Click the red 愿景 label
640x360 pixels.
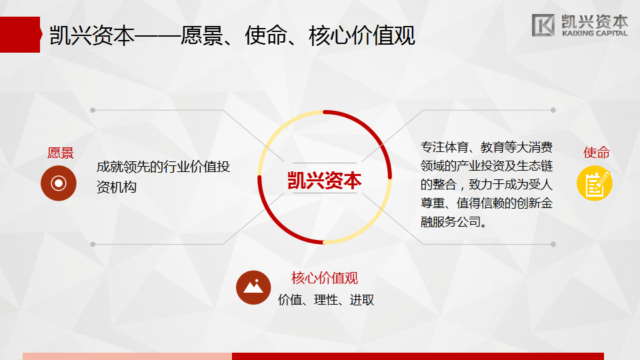[x=61, y=153]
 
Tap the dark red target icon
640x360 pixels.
[x=59, y=183]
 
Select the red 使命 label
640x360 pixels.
[x=596, y=153]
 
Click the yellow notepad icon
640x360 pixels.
[x=594, y=183]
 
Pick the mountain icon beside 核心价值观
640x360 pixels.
[x=253, y=287]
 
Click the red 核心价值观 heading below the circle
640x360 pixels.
[x=325, y=279]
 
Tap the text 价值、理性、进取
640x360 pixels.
[x=326, y=300]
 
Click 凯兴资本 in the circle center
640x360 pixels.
[x=325, y=180]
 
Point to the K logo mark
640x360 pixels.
[x=543, y=25]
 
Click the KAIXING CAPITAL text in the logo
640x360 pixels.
[x=595, y=33]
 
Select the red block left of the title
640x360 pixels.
[x=21, y=35]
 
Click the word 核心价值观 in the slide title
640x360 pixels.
[x=362, y=35]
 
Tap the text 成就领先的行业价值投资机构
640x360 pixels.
[x=163, y=177]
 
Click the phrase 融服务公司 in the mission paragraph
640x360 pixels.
[x=451, y=222]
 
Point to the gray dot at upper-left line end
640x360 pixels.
[x=93, y=110]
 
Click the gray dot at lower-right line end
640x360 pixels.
[x=553, y=245]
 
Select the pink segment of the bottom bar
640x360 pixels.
[x=127, y=356]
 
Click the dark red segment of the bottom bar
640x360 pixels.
[x=418, y=356]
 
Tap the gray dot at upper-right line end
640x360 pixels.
[x=553, y=110]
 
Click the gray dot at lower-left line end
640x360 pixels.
[x=93, y=245]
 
